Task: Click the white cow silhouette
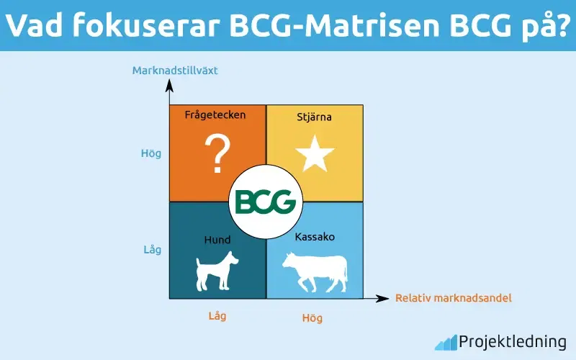pos(314,271)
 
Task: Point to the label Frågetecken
pos(215,114)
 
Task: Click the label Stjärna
pos(315,116)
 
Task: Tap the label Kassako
pos(315,236)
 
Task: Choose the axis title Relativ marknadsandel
pos(454,298)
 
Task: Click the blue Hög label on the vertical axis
pos(151,153)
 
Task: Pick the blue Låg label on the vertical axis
pos(151,250)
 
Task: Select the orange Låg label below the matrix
pos(217,316)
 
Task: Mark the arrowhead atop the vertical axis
pos(169,84)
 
